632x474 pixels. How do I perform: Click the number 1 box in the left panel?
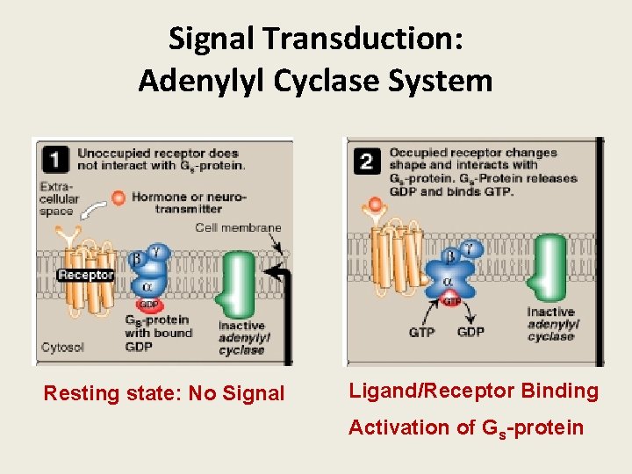tap(56, 159)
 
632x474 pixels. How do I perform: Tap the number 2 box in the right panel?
tap(367, 159)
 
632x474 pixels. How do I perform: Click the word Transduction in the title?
tap(370, 39)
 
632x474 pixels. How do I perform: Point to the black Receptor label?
tap(85, 275)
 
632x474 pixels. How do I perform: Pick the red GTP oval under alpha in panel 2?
tap(449, 300)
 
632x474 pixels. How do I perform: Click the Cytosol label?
tap(63, 348)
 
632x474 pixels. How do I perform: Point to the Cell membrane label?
tap(238, 228)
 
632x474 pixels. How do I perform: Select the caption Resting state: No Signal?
tap(164, 394)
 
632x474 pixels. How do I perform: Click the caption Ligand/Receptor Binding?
tap(473, 391)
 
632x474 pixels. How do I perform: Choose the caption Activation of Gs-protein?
tap(465, 427)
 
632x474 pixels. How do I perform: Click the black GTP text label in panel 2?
tap(421, 333)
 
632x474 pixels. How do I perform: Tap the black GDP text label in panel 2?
tap(470, 333)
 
